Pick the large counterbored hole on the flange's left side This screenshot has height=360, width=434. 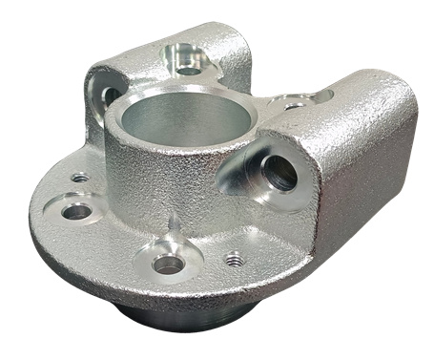76,210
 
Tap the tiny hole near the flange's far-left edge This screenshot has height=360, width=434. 80,178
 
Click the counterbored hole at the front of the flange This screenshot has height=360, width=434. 168,264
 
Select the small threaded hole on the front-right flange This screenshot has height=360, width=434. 235,259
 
